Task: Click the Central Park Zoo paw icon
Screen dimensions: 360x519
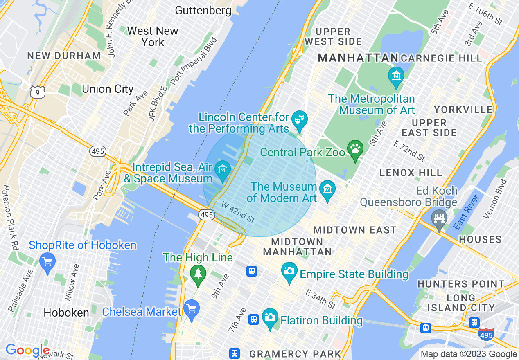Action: point(355,149)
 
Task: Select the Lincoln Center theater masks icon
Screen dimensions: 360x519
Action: point(300,120)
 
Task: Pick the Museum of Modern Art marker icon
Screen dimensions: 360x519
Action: point(327,190)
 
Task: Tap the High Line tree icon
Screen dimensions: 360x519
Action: point(199,273)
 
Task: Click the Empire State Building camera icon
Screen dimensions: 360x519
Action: point(289,271)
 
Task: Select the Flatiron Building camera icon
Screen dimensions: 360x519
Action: point(270,317)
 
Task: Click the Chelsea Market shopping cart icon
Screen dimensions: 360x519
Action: point(191,309)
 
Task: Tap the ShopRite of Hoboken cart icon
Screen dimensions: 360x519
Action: point(47,261)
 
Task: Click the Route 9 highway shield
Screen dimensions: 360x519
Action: point(37,92)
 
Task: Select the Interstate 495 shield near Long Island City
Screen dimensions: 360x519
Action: point(486,335)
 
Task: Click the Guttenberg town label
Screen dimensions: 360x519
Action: point(203,10)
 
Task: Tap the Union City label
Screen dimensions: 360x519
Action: point(108,89)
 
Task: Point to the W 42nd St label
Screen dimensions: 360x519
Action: point(238,211)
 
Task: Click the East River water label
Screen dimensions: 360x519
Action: point(467,212)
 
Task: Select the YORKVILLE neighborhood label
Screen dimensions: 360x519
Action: point(463,110)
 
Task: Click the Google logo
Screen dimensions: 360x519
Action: point(27,350)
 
